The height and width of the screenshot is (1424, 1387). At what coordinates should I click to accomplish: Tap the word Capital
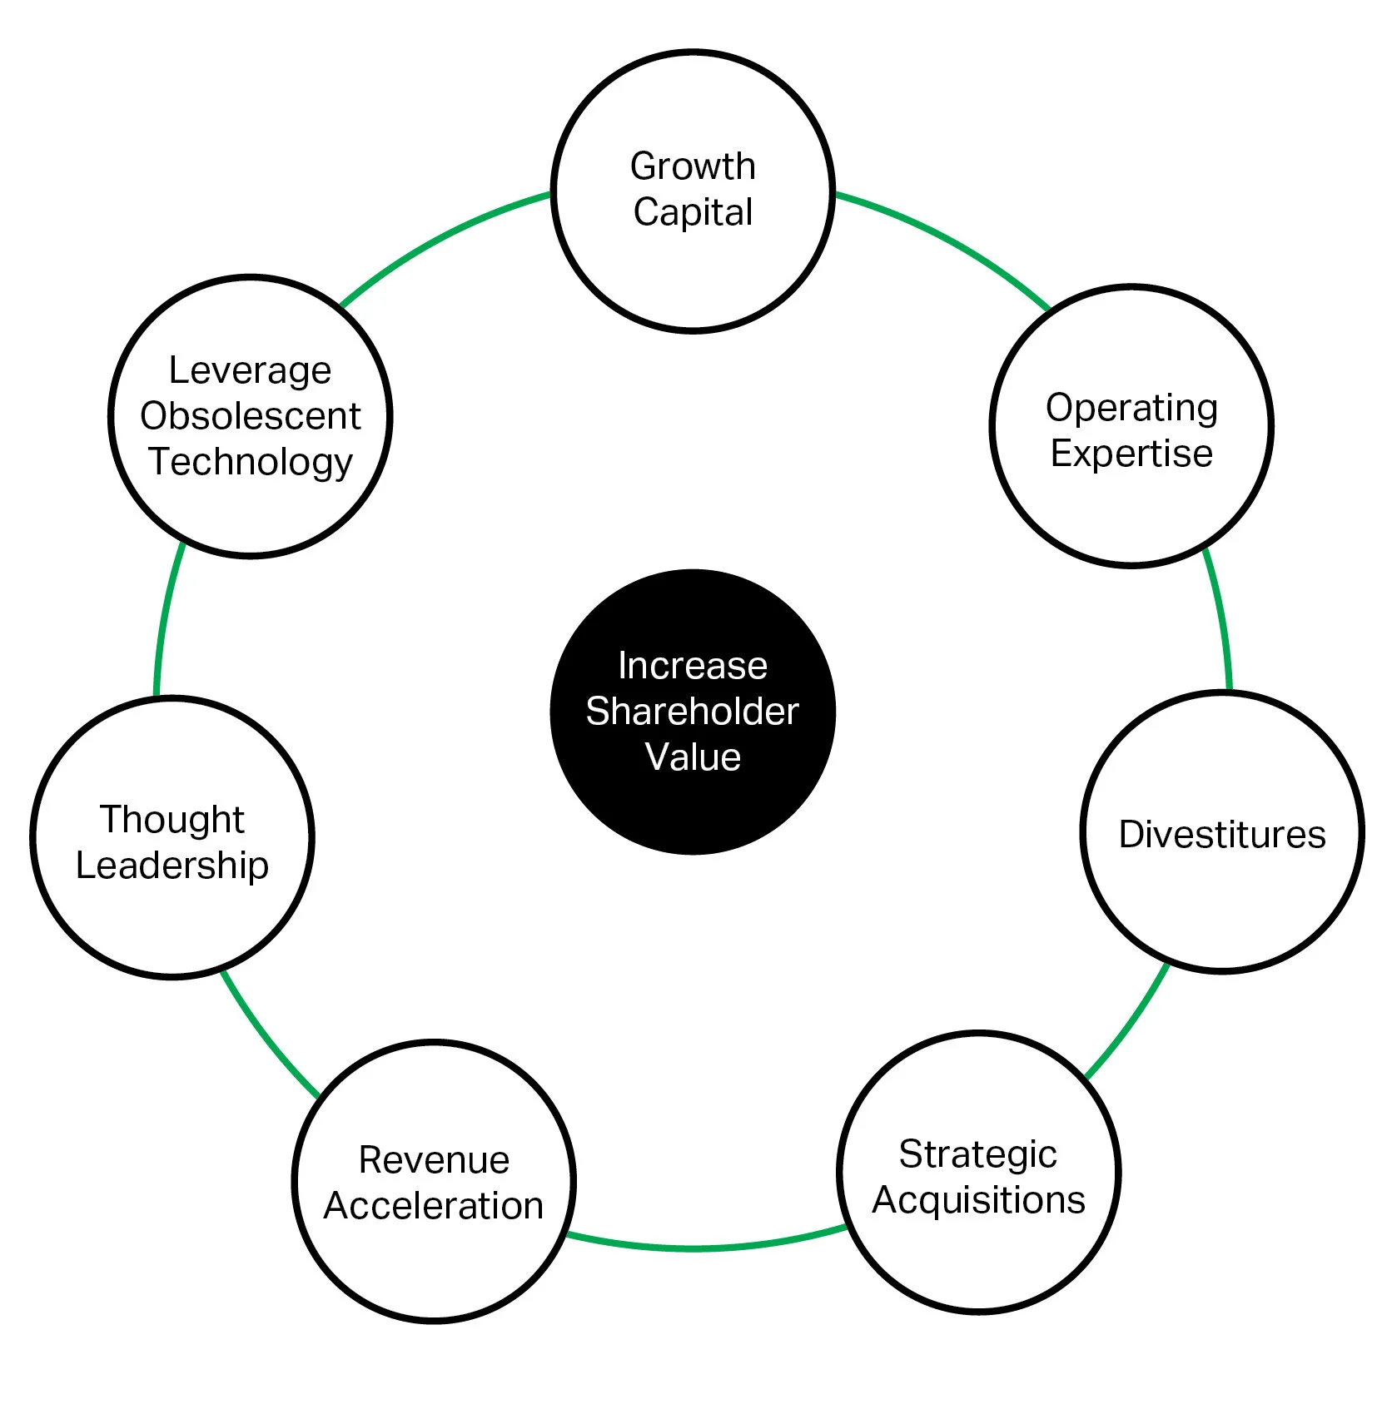693,211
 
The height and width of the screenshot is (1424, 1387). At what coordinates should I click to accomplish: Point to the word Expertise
1131,454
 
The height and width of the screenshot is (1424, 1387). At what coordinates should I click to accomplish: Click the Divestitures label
1222,834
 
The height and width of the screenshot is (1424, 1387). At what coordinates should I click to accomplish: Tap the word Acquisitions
978,1200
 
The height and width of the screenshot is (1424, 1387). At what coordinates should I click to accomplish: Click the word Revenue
434,1160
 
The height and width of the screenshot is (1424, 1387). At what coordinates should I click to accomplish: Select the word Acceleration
434,1206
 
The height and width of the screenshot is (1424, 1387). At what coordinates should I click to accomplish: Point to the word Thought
172,820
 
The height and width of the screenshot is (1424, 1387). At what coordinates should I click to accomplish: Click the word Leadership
172,866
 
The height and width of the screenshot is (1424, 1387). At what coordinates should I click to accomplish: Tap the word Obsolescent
251,416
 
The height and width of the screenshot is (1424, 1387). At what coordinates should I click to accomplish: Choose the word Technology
251,463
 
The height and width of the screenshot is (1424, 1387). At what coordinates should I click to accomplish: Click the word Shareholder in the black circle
693,712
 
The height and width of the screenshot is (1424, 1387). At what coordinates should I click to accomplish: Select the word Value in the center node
693,757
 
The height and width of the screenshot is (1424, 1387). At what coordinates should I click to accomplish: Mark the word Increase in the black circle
693,666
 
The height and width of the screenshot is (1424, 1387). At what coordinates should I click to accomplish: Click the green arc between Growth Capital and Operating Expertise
948,240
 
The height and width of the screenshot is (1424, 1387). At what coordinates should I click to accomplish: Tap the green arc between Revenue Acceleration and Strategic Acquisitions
706,1248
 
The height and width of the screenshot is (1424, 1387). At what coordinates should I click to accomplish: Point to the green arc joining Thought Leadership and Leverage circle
164,617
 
